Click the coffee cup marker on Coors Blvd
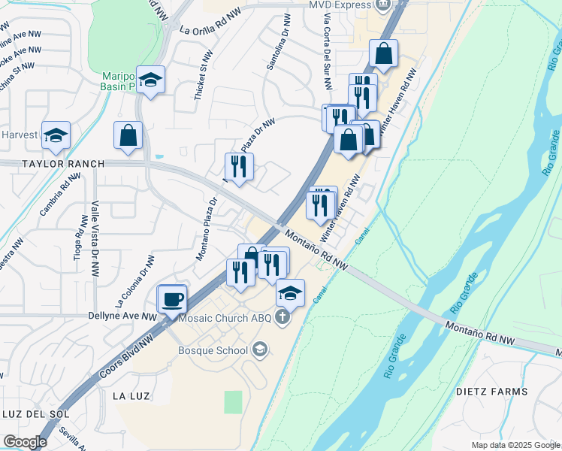pos(172,299)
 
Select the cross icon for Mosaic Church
pos(283,316)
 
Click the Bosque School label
pos(213,350)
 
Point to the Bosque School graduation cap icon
pos(259,349)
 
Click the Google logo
pos(26,441)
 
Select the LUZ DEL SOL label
pos(35,414)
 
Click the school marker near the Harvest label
pos(56,135)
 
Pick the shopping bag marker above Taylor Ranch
pos(128,136)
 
